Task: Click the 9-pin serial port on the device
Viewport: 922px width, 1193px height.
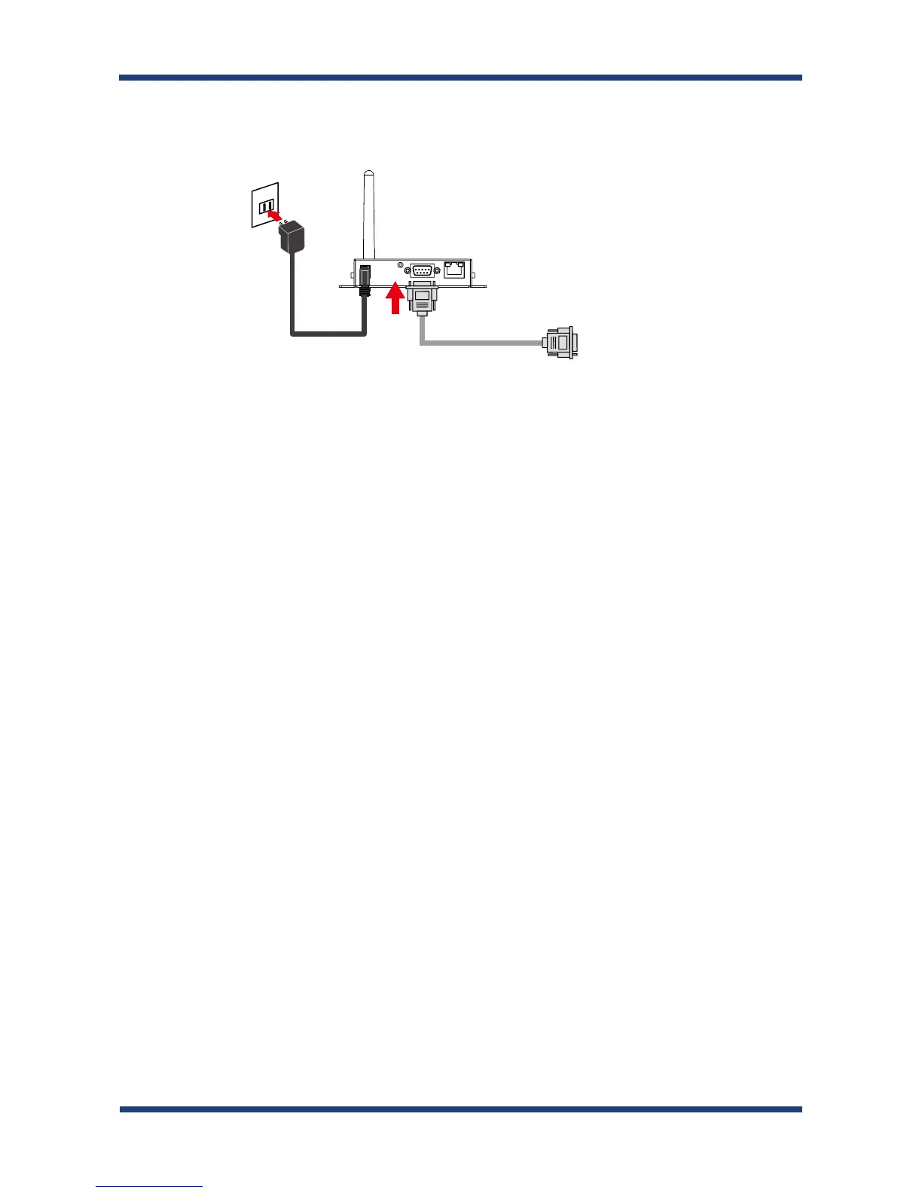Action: point(422,270)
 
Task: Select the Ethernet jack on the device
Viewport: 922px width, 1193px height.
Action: point(454,269)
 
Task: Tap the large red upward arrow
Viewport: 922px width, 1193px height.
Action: point(394,301)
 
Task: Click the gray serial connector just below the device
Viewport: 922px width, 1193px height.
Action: point(422,299)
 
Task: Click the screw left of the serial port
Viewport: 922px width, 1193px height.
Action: point(408,270)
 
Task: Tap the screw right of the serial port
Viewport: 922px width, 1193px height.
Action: point(437,270)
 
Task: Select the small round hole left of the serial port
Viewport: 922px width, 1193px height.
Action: point(399,265)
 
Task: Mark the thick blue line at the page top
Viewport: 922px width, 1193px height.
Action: point(460,77)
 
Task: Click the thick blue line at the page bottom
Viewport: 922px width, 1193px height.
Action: point(460,1109)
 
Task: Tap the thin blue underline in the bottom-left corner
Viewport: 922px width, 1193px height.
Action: point(149,1187)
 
